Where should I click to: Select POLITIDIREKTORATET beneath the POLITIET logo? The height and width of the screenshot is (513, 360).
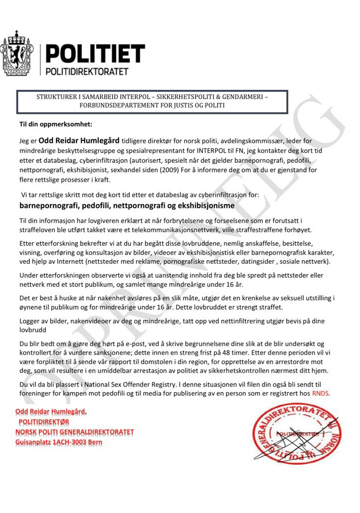(x=87, y=71)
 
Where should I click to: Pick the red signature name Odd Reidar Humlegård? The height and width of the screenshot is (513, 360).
(x=51, y=412)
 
